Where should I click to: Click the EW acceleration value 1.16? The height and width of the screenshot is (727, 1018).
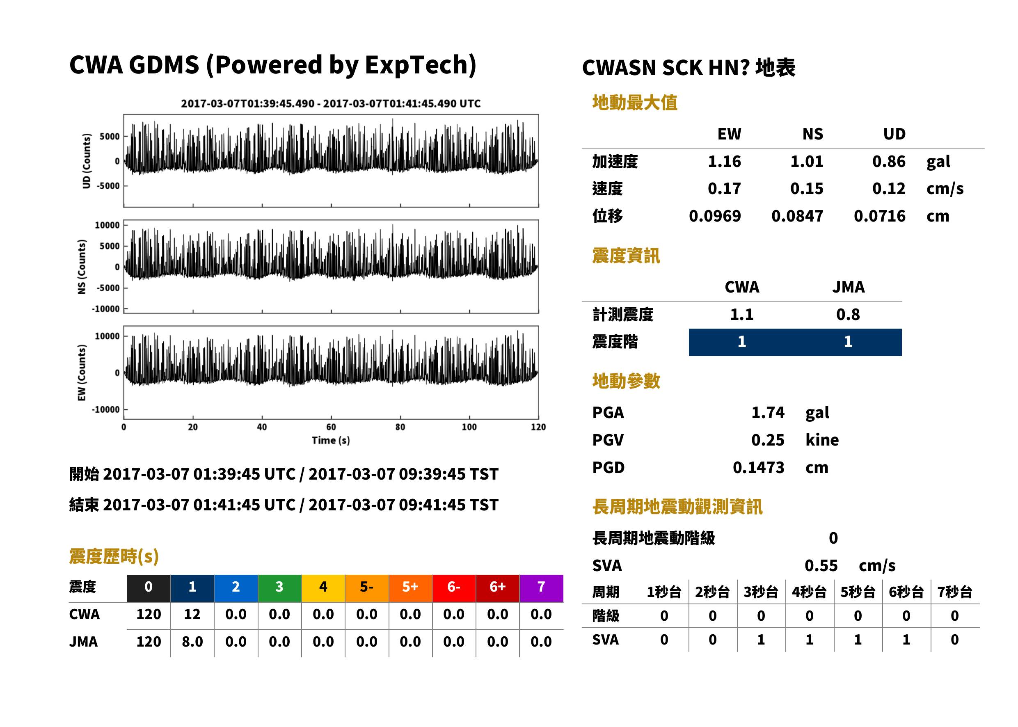coord(724,161)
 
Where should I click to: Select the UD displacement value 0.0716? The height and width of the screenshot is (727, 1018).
coord(879,216)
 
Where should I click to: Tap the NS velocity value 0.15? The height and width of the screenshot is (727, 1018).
coord(806,188)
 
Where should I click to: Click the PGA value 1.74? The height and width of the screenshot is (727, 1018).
coord(768,412)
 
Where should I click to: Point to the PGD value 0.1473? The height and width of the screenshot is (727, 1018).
coord(758,467)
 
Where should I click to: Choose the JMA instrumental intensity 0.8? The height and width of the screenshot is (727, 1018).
coord(848,314)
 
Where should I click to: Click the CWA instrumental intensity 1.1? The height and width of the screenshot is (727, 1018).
coord(742,314)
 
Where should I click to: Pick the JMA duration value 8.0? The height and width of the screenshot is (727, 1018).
coord(192,642)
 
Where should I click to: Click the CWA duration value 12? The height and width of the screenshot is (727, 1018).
coord(192,614)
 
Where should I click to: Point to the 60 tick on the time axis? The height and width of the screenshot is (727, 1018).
coord(331,427)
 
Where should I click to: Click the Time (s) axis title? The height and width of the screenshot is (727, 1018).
coord(331,441)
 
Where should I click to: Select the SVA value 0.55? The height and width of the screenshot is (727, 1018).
coord(821,565)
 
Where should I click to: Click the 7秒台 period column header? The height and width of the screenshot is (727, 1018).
coord(954,592)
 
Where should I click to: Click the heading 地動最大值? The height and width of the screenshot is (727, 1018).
coord(635,103)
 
